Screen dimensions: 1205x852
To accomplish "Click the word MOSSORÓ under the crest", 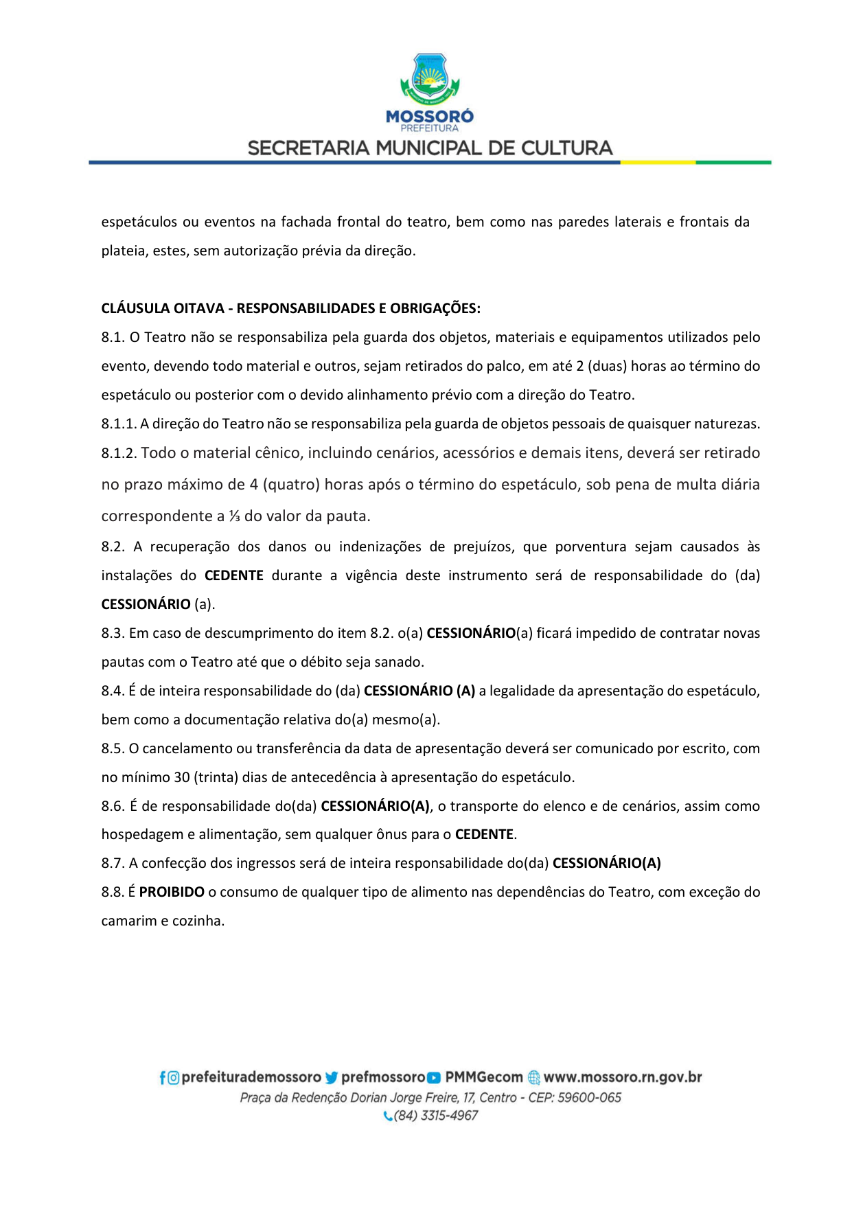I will tap(430, 117).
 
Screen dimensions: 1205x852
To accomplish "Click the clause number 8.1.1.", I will tap(119, 424).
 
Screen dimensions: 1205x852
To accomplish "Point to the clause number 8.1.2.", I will tap(119, 453).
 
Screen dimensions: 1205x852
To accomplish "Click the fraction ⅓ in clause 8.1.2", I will tap(234, 516).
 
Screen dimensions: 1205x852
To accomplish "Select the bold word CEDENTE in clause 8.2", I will tap(234, 575).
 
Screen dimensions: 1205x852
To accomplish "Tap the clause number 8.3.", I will tap(113, 633).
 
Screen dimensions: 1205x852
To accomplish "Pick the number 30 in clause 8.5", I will tap(182, 777).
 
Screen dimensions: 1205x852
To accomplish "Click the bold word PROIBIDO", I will tap(172, 892).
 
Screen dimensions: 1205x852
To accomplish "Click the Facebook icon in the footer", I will tap(163, 1078).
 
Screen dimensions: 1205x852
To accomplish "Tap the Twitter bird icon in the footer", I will tap(332, 1078).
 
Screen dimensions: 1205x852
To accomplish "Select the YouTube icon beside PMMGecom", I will tap(434, 1078).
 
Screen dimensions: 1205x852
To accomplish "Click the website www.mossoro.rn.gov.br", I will tap(623, 1077).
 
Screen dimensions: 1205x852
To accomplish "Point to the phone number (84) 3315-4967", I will tap(435, 1116).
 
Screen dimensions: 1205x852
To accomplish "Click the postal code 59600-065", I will tap(589, 1097).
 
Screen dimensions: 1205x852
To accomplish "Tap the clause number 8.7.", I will tap(113, 863).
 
